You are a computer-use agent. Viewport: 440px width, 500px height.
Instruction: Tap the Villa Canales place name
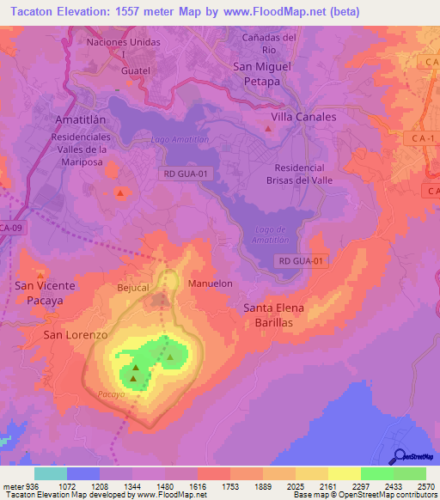click(x=303, y=116)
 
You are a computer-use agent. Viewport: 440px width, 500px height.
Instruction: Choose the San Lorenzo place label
click(x=76, y=333)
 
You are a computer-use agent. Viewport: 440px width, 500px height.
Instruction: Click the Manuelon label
click(x=210, y=283)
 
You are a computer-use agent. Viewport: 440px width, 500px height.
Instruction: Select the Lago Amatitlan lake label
click(x=179, y=140)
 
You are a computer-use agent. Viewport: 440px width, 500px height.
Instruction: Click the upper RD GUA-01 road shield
click(x=186, y=174)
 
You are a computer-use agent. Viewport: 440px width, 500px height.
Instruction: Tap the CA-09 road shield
click(x=11, y=228)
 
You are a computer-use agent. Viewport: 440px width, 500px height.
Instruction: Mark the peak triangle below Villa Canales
click(x=269, y=130)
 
